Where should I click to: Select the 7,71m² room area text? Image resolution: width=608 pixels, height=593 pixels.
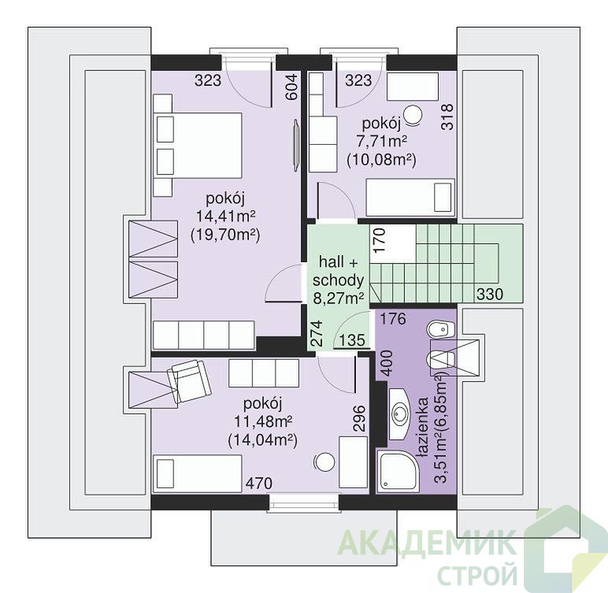pyautogui.click(x=382, y=142)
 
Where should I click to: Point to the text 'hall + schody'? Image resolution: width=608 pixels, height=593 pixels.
pyautogui.click(x=338, y=271)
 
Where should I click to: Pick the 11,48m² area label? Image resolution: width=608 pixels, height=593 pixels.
pyautogui.click(x=262, y=421)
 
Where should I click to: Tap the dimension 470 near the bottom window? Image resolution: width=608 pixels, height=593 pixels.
pyautogui.click(x=259, y=484)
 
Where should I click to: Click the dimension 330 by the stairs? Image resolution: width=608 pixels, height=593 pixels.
pyautogui.click(x=490, y=295)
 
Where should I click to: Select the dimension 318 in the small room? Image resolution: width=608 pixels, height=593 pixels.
pyautogui.click(x=447, y=117)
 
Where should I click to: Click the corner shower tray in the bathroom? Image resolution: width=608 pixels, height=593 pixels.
pyautogui.click(x=398, y=471)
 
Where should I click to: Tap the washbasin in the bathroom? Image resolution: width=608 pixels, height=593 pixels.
pyautogui.click(x=399, y=413)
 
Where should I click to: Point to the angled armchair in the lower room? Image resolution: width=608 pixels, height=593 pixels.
pyautogui.click(x=189, y=381)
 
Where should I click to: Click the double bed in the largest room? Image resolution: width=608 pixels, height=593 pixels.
pyautogui.click(x=198, y=146)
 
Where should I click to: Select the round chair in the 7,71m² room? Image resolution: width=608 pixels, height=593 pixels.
pyautogui.click(x=413, y=115)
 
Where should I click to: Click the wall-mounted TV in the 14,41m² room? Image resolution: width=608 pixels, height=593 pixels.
pyautogui.click(x=296, y=144)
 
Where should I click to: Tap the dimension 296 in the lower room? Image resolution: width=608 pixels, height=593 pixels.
pyautogui.click(x=359, y=418)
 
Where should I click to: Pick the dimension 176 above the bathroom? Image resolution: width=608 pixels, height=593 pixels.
pyautogui.click(x=393, y=319)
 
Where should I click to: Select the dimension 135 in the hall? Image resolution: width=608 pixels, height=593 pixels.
pyautogui.click(x=352, y=340)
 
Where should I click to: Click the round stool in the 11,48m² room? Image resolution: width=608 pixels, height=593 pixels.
pyautogui.click(x=324, y=462)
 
